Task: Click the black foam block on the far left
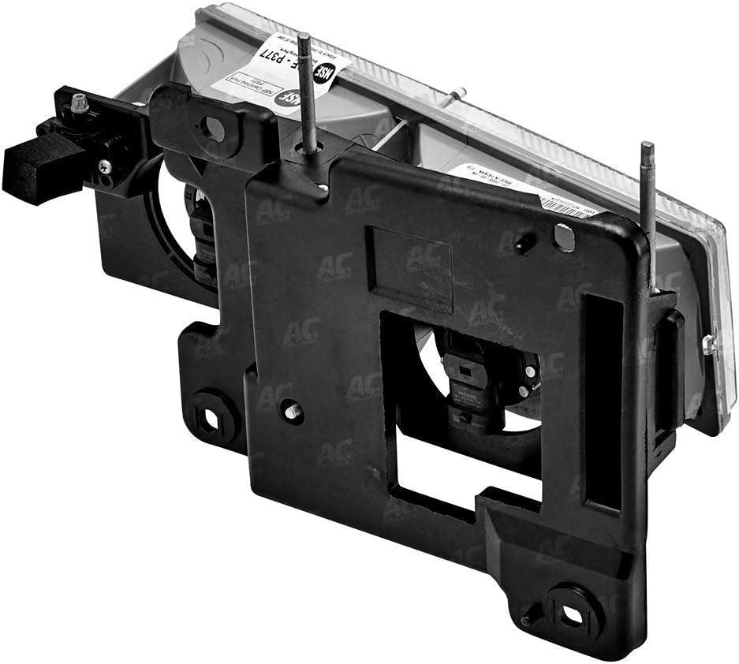[x=32, y=166]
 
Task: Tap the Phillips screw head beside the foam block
[x=104, y=166]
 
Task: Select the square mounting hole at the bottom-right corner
[x=565, y=610]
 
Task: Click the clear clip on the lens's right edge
[x=708, y=343]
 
